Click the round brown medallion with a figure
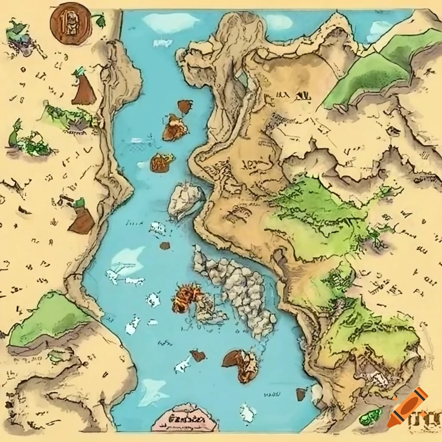click(70, 24)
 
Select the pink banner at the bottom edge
click(185, 418)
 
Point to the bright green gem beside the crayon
click(371, 416)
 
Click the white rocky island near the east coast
click(185, 199)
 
